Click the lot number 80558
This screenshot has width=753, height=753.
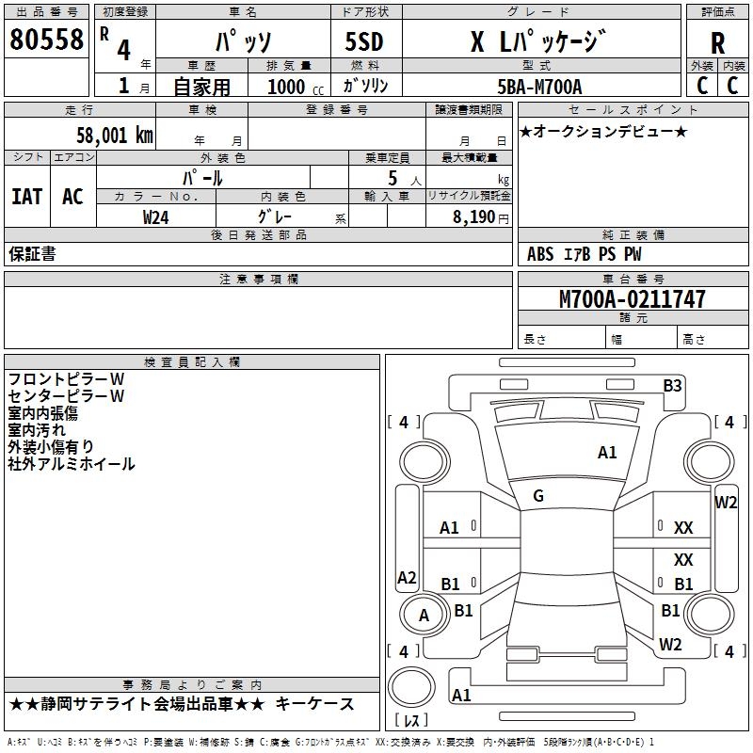[x=46, y=39]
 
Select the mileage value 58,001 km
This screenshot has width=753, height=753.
[x=115, y=136]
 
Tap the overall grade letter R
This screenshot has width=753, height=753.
[x=717, y=43]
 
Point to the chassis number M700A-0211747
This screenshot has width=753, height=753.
[x=633, y=298]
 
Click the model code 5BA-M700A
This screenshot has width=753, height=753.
[x=539, y=87]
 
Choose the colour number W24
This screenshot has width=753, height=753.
[x=155, y=217]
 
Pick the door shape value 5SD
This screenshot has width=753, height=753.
[x=364, y=41]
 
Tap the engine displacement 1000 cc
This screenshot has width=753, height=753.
[x=296, y=87]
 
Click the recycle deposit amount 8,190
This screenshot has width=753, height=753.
[x=473, y=217]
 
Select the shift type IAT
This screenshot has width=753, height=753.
[x=27, y=197]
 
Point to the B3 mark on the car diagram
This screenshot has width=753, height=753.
[x=672, y=386]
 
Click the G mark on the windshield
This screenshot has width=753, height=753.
[x=538, y=496]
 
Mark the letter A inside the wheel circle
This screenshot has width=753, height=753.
[x=424, y=616]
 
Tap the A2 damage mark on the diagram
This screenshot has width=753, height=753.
[x=407, y=577]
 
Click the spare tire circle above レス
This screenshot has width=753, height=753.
[x=411, y=687]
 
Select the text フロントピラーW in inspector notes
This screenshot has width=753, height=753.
[x=66, y=379]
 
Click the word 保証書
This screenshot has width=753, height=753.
[x=32, y=253]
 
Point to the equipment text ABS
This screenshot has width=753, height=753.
[x=540, y=254]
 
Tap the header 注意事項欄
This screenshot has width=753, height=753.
[x=259, y=279]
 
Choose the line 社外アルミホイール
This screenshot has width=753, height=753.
[x=72, y=464]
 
